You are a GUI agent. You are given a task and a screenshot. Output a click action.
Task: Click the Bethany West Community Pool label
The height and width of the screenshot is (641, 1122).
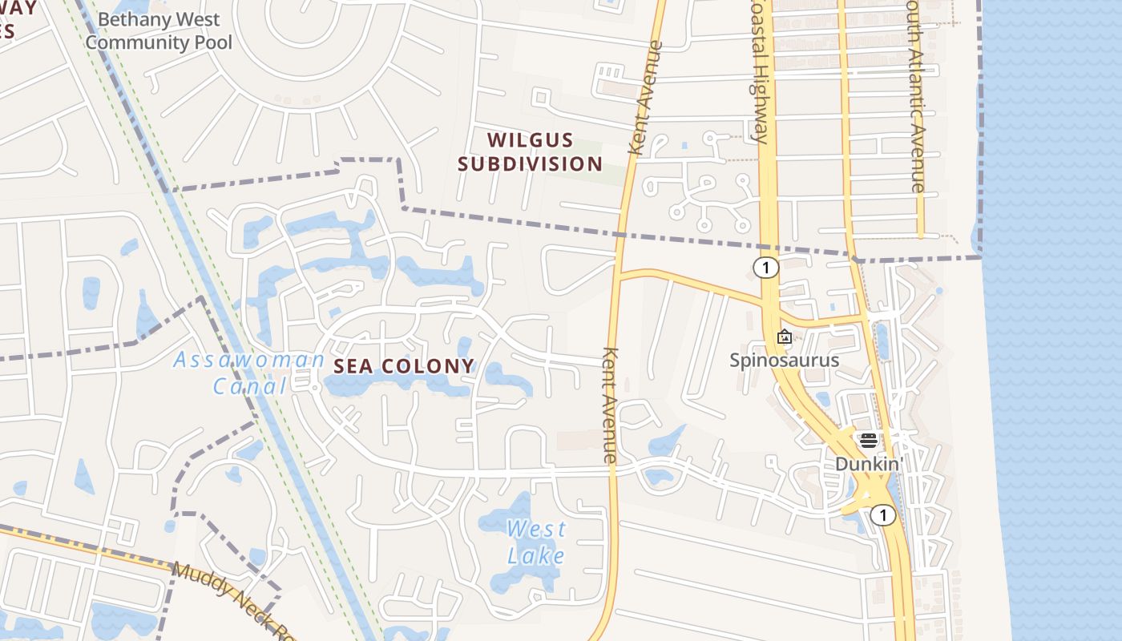pos(158,30)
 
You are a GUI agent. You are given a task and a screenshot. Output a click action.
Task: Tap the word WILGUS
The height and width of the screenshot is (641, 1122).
pos(531,140)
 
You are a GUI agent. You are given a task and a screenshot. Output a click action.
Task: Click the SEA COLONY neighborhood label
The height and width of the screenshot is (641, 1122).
pos(404,366)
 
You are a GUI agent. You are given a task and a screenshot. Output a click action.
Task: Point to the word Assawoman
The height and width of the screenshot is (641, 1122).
pos(249,360)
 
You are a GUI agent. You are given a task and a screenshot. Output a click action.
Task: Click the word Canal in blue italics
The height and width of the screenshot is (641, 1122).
pos(249,386)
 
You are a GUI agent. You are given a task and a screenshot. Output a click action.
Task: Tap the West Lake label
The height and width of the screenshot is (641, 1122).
pos(535,542)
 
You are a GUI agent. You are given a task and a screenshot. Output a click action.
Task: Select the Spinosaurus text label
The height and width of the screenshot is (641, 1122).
pos(784,360)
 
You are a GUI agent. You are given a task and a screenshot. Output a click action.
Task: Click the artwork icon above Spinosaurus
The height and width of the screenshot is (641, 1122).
pos(785,337)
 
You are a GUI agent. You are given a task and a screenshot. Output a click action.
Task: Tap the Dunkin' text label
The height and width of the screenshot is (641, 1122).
pos(869,464)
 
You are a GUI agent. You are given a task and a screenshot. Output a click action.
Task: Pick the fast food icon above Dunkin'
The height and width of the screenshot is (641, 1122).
pos(869,441)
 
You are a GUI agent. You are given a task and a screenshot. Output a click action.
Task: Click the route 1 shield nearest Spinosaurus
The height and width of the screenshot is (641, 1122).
pos(766,268)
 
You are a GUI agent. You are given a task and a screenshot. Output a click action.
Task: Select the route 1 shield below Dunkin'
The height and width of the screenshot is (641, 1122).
pos(882,515)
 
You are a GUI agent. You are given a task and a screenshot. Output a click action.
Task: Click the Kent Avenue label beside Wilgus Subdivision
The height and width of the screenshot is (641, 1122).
pos(646,99)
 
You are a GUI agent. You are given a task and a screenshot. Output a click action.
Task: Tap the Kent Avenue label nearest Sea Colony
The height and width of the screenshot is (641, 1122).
pos(610,405)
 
